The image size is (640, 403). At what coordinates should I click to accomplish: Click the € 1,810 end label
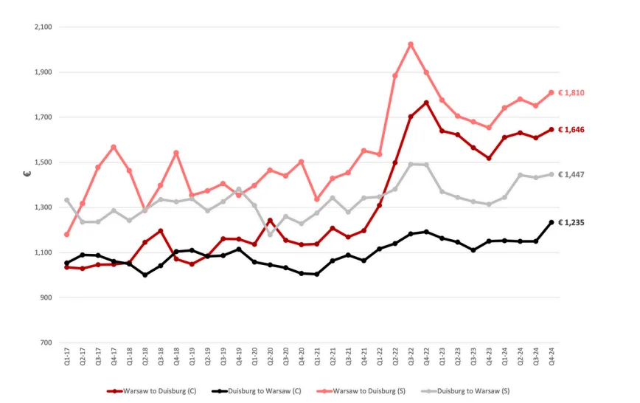click(x=572, y=93)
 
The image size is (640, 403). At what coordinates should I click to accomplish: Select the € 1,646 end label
click(x=572, y=130)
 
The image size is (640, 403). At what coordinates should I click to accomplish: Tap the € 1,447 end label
click(x=572, y=175)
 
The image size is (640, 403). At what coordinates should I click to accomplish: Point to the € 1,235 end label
click(x=572, y=222)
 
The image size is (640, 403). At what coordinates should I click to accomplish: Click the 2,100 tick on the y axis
click(x=44, y=27)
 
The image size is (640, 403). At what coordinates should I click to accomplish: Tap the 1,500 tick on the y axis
click(x=44, y=162)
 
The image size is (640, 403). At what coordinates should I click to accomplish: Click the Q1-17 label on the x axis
click(x=67, y=359)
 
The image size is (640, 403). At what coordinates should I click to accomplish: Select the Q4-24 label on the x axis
click(x=552, y=359)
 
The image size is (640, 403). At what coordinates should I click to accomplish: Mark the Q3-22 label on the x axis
click(x=411, y=359)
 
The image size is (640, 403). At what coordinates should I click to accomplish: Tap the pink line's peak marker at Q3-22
click(x=411, y=44)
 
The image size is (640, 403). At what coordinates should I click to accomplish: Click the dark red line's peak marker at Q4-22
click(x=426, y=103)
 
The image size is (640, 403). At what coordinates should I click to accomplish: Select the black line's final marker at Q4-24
click(x=552, y=222)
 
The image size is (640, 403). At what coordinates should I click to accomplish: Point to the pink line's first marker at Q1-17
click(x=67, y=235)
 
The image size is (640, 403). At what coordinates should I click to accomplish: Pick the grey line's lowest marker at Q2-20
click(x=270, y=234)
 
